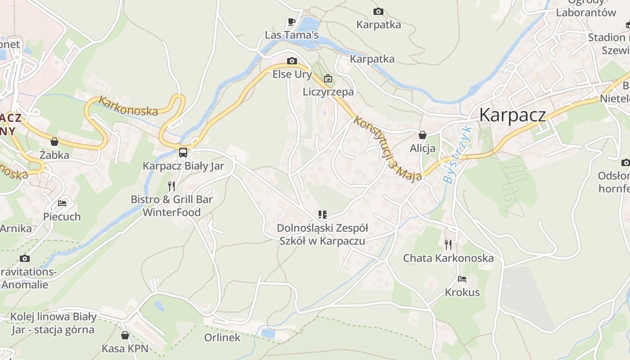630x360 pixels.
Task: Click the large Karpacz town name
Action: (x=513, y=115)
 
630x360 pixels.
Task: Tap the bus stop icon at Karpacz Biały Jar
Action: (x=183, y=152)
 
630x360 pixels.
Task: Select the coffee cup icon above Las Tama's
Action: (x=291, y=22)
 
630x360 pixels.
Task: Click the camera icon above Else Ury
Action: (x=292, y=61)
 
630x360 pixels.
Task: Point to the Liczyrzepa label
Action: (x=328, y=92)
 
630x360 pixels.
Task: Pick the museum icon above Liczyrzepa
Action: (x=328, y=79)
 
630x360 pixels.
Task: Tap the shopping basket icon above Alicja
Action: (x=423, y=135)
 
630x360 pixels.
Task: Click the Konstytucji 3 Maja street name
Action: (x=388, y=148)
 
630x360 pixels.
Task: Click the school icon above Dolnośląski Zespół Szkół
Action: (x=322, y=215)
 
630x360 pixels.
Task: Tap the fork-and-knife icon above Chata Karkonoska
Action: (x=448, y=244)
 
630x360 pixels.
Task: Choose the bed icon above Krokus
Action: (x=462, y=279)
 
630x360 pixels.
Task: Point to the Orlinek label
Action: (x=222, y=337)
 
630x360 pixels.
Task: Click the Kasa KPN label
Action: (x=125, y=348)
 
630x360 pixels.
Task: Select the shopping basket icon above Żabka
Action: (x=54, y=142)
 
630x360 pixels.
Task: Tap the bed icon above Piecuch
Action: (x=62, y=203)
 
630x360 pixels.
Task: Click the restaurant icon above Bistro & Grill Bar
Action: (x=171, y=186)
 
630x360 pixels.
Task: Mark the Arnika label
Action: (x=16, y=229)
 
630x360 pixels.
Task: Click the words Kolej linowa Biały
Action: (x=53, y=317)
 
